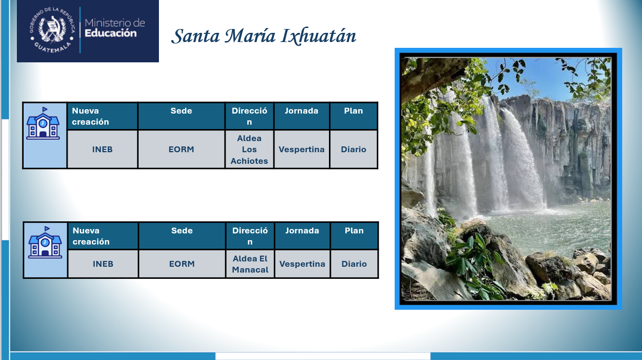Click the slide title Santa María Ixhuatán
tap(264, 36)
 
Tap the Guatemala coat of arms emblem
tap(52, 30)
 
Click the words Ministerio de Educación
tap(114, 28)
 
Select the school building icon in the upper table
tap(43, 123)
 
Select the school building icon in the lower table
tap(45, 242)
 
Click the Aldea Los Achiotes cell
tap(249, 149)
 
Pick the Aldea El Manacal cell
tap(250, 264)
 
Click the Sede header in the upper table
tap(182, 116)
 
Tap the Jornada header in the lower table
tap(302, 236)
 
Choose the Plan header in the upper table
tap(354, 116)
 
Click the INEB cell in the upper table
tap(102, 149)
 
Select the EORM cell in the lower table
tap(182, 264)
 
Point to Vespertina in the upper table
tap(301, 149)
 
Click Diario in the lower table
tap(354, 264)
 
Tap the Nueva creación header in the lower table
tap(103, 236)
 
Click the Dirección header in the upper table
tap(249, 116)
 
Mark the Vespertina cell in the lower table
tap(302, 264)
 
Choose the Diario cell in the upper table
tap(354, 149)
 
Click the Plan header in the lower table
tap(354, 236)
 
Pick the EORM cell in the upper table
tap(182, 149)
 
